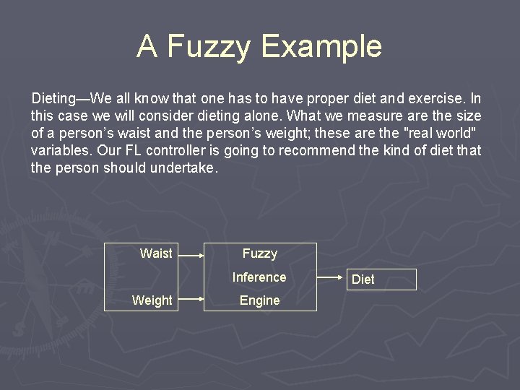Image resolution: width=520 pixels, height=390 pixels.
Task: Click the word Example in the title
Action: pos(321,46)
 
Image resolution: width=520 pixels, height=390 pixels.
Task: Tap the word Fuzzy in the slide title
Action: pos(209,46)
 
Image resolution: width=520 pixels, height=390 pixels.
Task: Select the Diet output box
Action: pos(383,279)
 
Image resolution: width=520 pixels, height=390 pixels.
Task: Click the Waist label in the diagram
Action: pos(156,253)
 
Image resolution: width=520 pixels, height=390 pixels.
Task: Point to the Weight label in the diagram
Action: pos(152,300)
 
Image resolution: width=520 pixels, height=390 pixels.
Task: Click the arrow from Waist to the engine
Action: pos(191,254)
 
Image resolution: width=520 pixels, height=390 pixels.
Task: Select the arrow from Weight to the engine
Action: pos(191,298)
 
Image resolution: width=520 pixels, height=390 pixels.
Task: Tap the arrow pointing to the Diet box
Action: pos(330,276)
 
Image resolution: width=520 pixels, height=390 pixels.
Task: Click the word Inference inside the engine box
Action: pos(259,277)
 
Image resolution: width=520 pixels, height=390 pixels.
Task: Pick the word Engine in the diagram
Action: pos(259,301)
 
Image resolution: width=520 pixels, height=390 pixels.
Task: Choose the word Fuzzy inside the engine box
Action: pos(259,253)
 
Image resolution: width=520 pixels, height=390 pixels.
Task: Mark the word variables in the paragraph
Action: pos(57,151)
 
